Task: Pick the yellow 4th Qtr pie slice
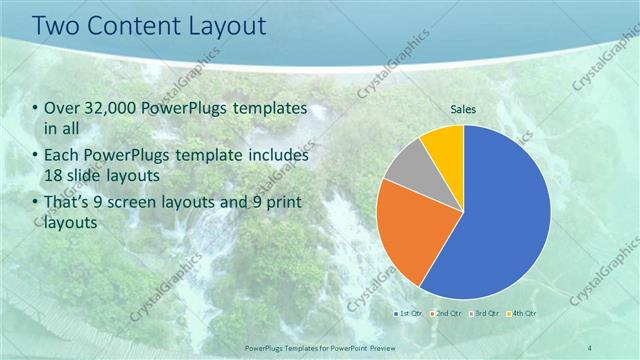(x=443, y=142)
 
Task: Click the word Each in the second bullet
(x=61, y=156)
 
